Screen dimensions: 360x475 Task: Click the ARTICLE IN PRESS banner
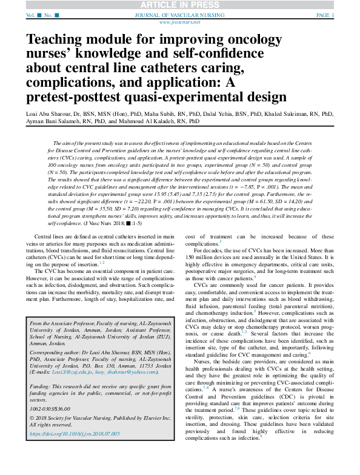(179, 4)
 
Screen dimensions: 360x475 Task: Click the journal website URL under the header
(180, 21)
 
